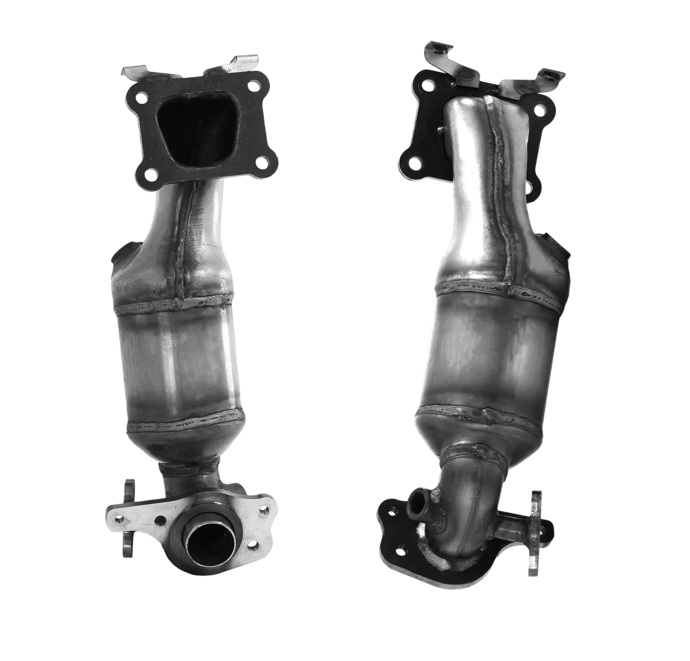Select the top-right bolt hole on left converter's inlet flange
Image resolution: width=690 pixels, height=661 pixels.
coord(254,85)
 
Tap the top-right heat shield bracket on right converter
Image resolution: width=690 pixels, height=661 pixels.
coord(549,75)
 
